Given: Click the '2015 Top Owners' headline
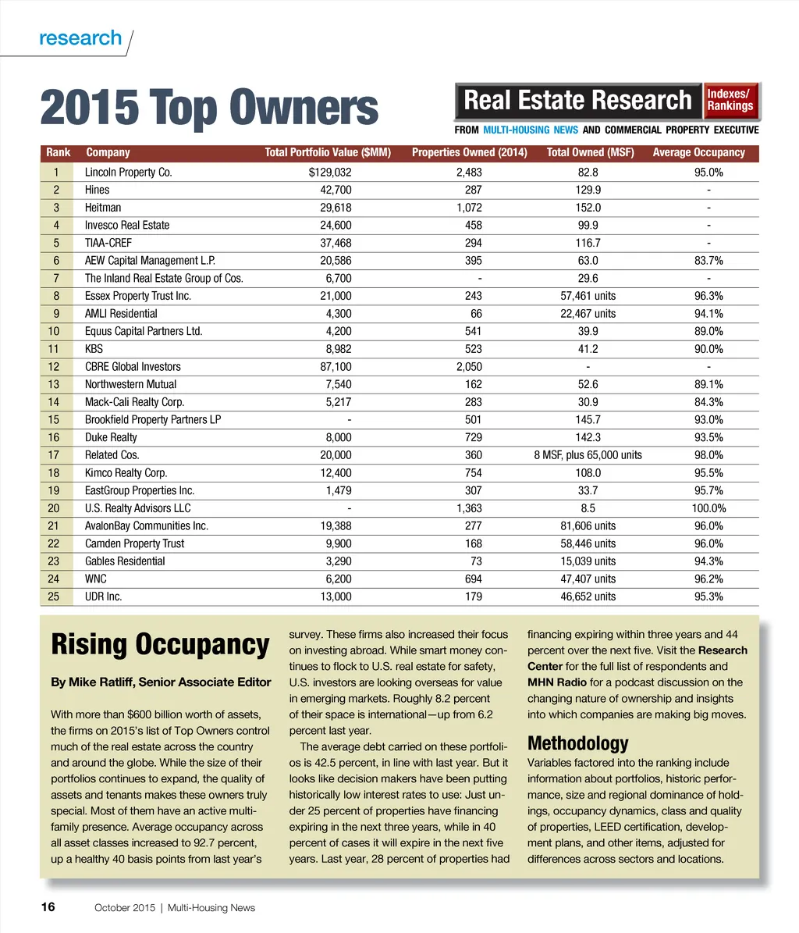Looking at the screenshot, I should click(208, 108).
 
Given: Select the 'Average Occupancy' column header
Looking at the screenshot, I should click(698, 153).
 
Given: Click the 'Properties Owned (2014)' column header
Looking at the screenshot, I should click(469, 153).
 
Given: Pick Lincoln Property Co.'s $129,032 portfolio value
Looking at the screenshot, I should click(330, 173).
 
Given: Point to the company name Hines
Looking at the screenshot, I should click(98, 190).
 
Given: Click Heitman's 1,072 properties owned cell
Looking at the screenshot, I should click(469, 208).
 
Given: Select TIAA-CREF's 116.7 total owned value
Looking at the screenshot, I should click(588, 243).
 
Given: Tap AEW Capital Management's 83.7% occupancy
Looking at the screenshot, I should click(708, 261).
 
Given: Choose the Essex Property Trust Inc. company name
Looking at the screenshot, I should click(138, 296).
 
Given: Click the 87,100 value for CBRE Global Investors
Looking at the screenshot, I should click(336, 367).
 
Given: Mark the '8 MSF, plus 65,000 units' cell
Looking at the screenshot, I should click(588, 455).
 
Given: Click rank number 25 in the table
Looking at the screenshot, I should click(54, 596).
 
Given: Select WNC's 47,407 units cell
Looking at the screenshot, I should click(588, 579).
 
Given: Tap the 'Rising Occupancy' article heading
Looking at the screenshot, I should click(160, 645).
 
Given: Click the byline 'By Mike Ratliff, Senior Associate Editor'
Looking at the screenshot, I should click(161, 682).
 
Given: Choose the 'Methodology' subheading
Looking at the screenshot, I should click(577, 742).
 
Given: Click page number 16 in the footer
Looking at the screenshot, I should click(48, 906).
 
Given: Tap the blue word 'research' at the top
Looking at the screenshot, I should click(80, 38).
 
